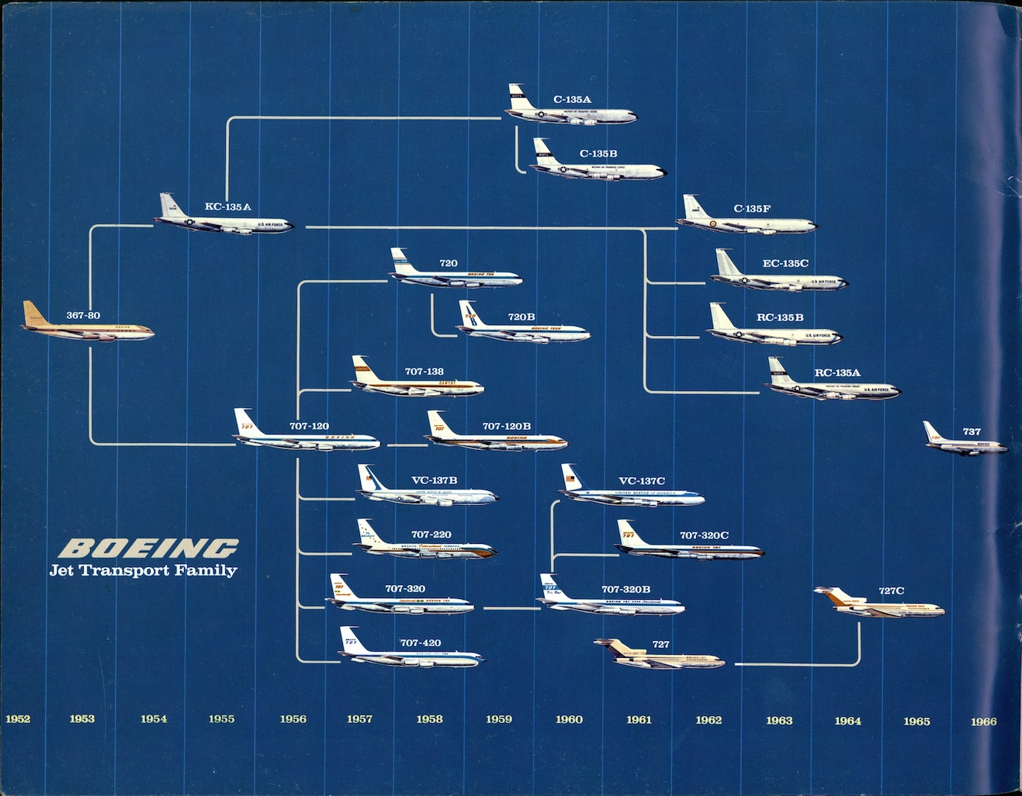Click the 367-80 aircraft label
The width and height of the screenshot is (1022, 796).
(83, 316)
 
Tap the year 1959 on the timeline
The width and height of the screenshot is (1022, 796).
(499, 719)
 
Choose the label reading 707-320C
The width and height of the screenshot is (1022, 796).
(704, 535)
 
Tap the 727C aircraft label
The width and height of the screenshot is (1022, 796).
(891, 591)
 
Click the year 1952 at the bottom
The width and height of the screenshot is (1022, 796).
(18, 719)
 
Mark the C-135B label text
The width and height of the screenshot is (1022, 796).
(598, 154)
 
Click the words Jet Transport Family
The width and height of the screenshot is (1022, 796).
(143, 571)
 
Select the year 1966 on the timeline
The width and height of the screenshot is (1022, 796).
(983, 722)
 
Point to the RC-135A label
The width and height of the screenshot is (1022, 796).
(837, 373)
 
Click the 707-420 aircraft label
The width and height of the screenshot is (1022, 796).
(420, 643)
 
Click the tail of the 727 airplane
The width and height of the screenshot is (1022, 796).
(609, 648)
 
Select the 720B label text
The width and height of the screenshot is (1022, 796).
(521, 317)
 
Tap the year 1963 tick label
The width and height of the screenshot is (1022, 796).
(779, 721)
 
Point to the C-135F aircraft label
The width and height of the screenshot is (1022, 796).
(752, 209)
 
